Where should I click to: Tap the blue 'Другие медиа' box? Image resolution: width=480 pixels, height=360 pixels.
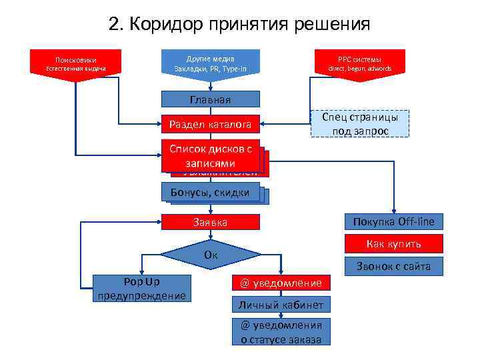click(x=210, y=63)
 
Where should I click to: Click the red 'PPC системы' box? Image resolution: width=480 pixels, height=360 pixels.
click(x=359, y=63)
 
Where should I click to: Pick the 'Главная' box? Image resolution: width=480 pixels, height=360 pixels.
click(x=210, y=100)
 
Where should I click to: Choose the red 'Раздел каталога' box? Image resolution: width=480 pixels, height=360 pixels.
click(x=210, y=124)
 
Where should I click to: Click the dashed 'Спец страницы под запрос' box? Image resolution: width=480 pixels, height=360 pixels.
click(x=360, y=124)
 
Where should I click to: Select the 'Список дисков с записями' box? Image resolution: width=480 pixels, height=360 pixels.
click(x=210, y=156)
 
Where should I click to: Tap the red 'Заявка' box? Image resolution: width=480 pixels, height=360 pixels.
click(x=210, y=223)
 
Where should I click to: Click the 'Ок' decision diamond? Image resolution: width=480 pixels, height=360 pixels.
click(x=211, y=255)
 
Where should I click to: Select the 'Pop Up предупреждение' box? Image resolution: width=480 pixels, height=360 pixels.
click(x=141, y=288)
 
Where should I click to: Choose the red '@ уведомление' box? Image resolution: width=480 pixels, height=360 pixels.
click(x=281, y=283)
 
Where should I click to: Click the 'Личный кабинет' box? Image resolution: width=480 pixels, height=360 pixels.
click(x=281, y=305)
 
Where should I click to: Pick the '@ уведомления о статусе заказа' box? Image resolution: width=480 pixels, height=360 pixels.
click(x=281, y=332)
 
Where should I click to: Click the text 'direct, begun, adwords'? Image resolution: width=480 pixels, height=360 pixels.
click(x=360, y=69)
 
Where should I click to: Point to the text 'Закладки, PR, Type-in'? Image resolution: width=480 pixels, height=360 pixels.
click(x=210, y=69)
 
